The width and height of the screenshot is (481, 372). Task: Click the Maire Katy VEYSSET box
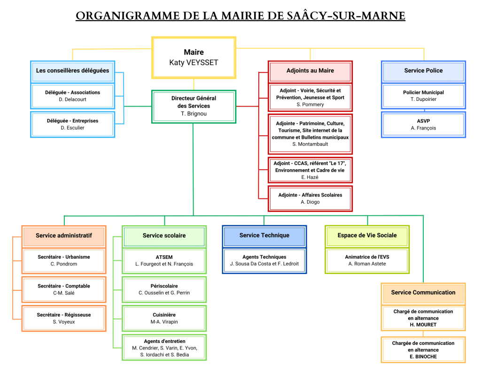tap(194, 57)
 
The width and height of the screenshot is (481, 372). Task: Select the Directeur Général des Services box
tap(194, 106)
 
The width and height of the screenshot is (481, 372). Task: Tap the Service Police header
tap(423, 71)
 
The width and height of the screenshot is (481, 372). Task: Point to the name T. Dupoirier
tap(423, 99)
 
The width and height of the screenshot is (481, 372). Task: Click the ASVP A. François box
tap(423, 124)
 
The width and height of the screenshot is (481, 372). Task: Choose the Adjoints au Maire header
tap(310, 71)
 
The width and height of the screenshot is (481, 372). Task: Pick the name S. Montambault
tap(310, 144)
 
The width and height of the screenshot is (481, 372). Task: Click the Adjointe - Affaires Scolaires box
tap(310, 198)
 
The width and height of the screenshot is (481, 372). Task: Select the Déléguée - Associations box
tap(72, 96)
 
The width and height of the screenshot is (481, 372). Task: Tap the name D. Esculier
tap(72, 128)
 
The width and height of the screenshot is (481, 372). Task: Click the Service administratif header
tap(63, 235)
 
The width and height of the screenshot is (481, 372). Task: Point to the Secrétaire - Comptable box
tap(63, 289)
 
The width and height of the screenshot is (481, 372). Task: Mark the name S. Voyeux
tap(63, 322)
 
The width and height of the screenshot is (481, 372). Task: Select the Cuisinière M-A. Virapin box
tap(164, 319)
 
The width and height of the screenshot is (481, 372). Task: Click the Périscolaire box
tap(164, 289)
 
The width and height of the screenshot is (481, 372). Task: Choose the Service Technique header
tap(264, 235)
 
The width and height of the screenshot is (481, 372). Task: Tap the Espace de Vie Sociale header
tap(367, 235)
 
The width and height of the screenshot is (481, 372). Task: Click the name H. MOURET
tap(423, 325)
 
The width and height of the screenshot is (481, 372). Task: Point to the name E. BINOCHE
tap(423, 357)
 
